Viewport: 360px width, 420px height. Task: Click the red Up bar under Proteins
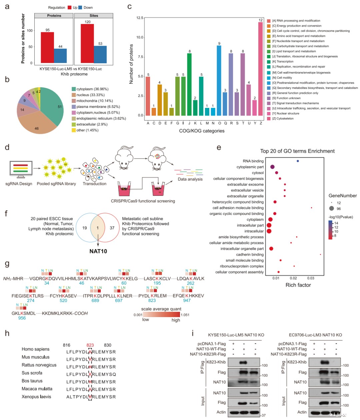(47, 47)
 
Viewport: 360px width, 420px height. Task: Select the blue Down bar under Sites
(100, 55)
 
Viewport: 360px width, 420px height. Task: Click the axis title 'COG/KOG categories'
(202, 131)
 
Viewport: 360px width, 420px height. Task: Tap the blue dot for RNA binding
(298, 161)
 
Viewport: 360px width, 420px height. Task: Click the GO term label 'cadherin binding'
(250, 254)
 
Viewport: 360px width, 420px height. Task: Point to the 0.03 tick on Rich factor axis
(311, 278)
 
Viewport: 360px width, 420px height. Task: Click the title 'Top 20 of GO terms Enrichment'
(297, 151)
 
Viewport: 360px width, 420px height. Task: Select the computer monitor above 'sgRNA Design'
(21, 169)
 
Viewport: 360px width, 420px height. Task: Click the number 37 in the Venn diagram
(112, 228)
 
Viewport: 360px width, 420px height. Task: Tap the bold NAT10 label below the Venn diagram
(98, 251)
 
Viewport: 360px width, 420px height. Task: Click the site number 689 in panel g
(95, 300)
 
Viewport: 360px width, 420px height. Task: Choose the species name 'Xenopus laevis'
(36, 397)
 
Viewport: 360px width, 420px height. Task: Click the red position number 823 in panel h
(90, 345)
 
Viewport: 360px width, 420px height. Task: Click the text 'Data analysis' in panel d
(190, 179)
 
